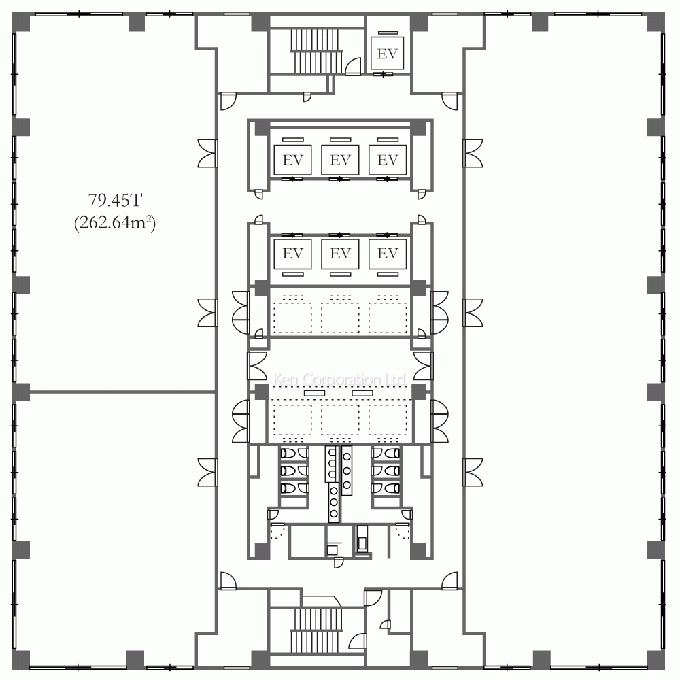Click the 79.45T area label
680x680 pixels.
115,201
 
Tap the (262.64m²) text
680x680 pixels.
115,223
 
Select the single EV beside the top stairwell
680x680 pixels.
388,53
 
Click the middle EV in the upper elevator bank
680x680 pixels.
340,160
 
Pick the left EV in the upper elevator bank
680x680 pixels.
292,160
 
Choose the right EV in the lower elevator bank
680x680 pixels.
388,253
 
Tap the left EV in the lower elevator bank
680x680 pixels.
292,253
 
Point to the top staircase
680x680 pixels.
316,51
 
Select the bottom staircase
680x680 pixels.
316,630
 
